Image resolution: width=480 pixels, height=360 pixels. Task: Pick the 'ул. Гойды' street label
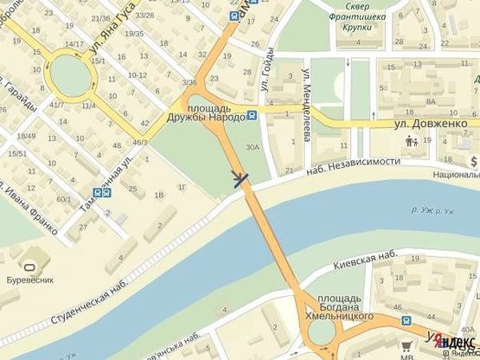click(264, 80)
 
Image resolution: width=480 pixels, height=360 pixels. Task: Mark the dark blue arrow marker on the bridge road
click(241, 179)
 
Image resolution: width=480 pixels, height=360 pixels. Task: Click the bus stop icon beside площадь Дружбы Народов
click(251, 116)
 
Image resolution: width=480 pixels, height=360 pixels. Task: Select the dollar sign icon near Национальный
click(474, 161)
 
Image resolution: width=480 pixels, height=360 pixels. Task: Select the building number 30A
click(252, 148)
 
